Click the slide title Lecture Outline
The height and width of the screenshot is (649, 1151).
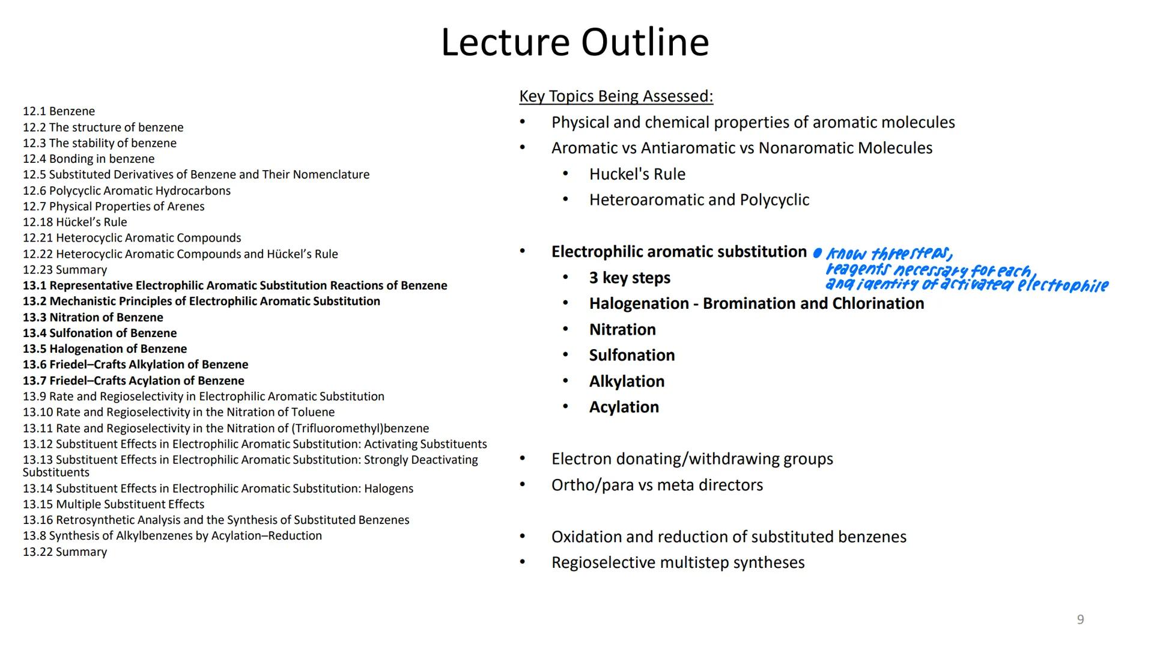(575, 43)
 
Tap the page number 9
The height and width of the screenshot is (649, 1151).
(1080, 620)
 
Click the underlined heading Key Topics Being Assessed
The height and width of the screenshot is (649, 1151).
(616, 96)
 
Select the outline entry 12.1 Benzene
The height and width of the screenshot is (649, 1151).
(59, 111)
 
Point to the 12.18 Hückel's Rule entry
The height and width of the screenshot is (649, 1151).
(75, 222)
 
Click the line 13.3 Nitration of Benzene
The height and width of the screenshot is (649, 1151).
(93, 317)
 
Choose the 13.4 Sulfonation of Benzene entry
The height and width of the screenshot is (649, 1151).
(100, 333)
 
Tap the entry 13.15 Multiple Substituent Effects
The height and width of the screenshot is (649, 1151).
(114, 504)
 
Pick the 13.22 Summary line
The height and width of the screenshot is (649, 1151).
(65, 552)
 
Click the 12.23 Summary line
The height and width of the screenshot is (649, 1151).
(65, 270)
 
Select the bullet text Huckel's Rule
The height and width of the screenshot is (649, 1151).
(637, 174)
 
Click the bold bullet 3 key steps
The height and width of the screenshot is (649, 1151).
(630, 278)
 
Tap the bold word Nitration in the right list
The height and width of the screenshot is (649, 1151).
(622, 329)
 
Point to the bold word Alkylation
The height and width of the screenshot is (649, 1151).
(627, 382)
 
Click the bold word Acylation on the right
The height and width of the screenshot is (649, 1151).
(624, 407)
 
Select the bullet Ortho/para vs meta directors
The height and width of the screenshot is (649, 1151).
(657, 485)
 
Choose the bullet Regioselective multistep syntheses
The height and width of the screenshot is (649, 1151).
(678, 562)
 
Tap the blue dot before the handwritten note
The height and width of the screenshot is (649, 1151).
(817, 253)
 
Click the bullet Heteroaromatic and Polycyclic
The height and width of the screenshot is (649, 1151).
(699, 200)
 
